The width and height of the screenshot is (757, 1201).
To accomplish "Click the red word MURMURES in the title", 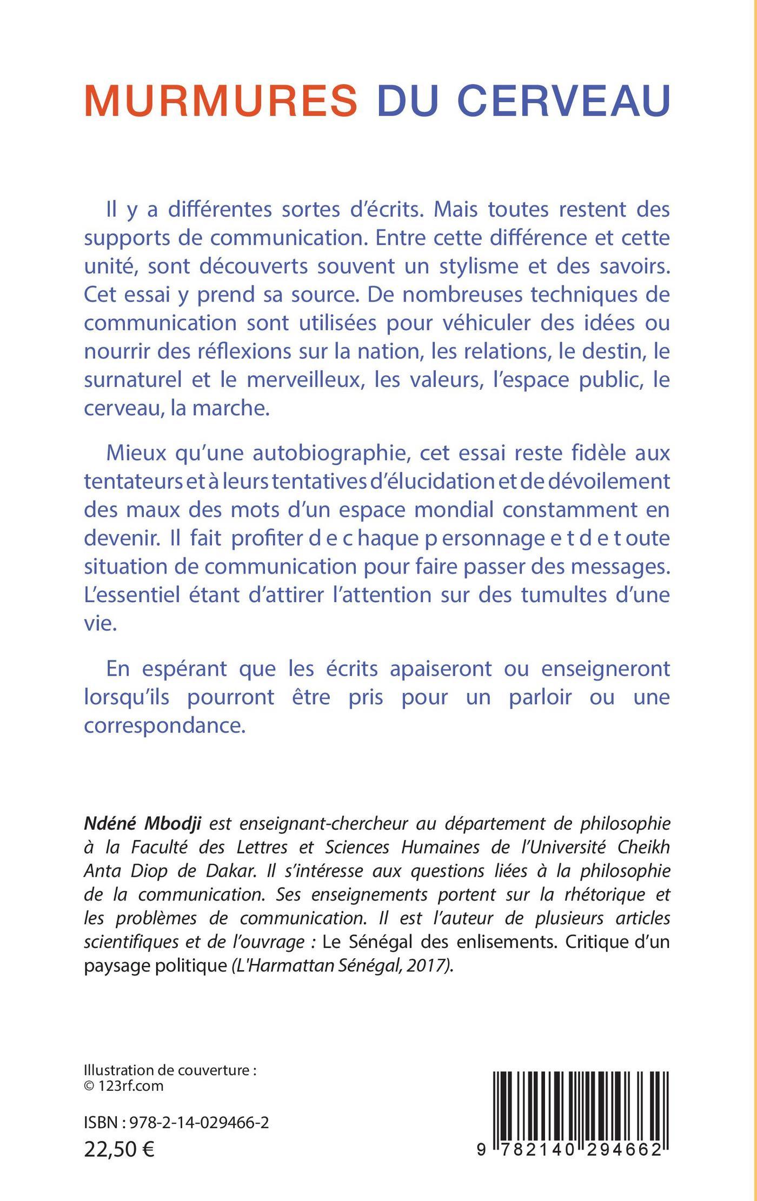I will click(x=221, y=101).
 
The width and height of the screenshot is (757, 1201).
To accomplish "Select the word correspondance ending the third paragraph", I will click(x=165, y=725).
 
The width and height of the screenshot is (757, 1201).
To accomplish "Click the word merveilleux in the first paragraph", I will click(x=304, y=379).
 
